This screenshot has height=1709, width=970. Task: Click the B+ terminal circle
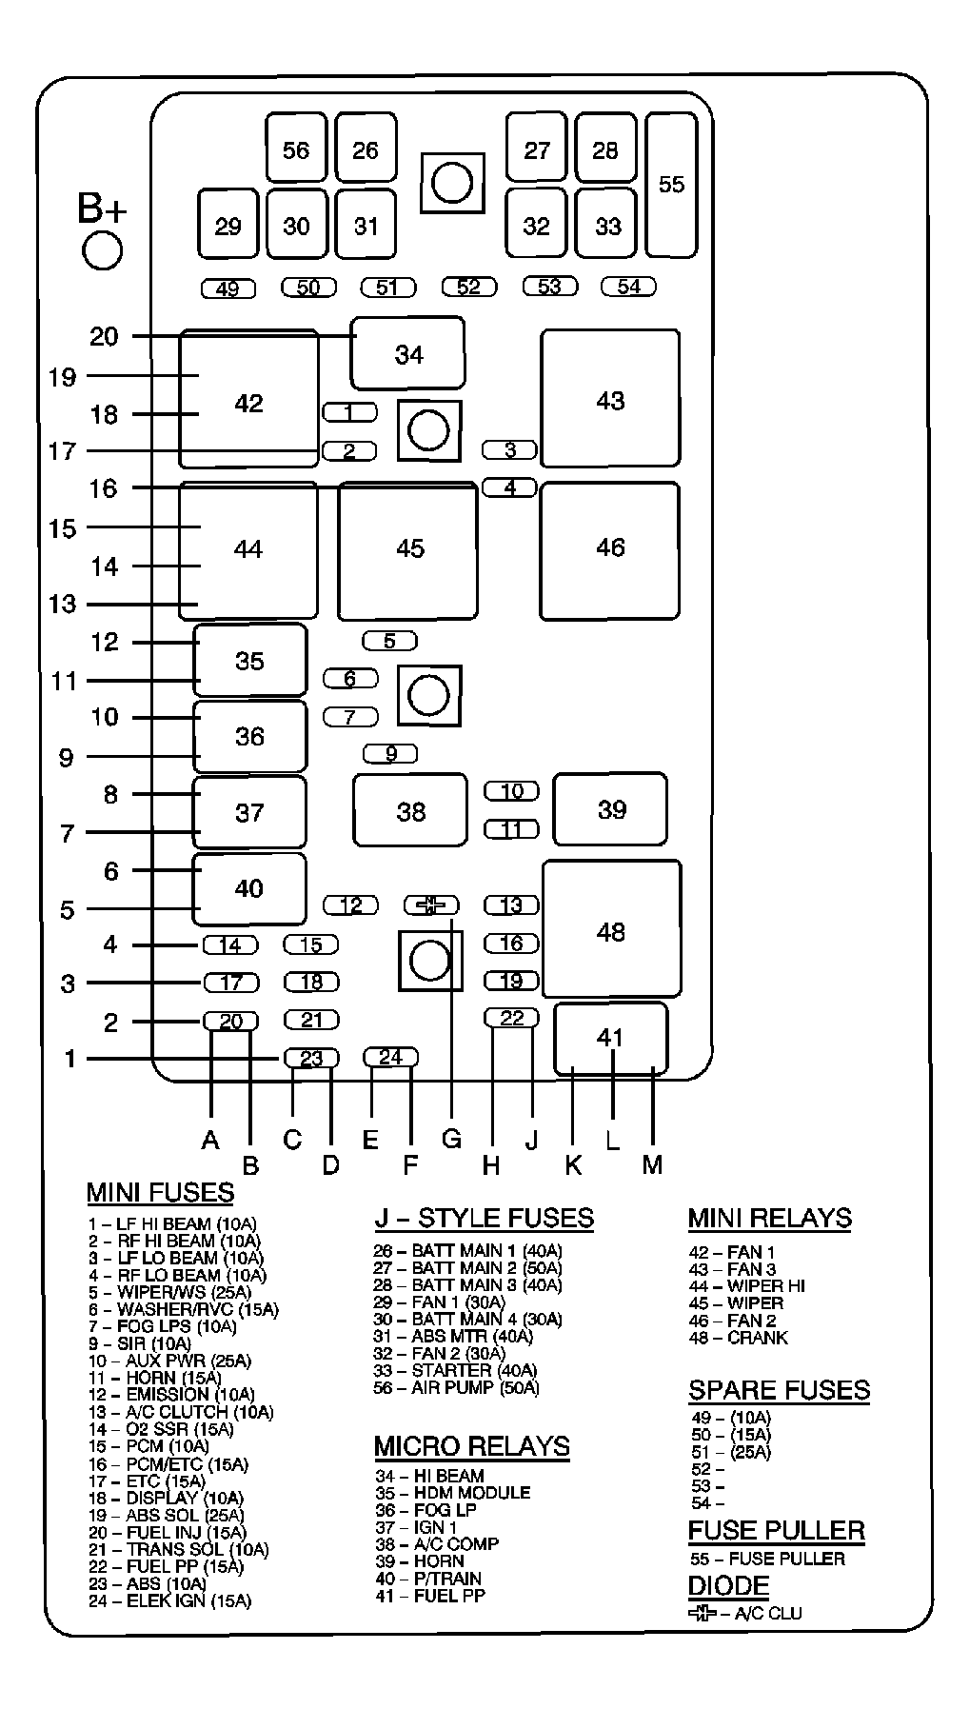102,250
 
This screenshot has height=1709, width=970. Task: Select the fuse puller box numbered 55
671,185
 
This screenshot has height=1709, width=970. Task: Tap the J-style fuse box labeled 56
296,149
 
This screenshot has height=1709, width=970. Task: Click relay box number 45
409,549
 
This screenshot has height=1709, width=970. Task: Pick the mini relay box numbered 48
611,929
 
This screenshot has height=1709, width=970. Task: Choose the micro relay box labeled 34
408,354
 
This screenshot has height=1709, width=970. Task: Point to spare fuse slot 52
468,287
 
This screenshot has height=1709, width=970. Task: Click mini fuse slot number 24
391,1057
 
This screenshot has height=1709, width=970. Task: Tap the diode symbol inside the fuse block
430,904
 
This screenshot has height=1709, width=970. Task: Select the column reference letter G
451,1139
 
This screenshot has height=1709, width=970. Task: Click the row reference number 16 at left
103,488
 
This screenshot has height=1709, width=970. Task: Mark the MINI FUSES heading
160,1192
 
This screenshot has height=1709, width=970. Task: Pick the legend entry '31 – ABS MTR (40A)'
452,1336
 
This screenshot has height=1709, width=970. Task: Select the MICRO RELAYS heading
471,1446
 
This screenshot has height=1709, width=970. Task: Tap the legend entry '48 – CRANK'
738,1338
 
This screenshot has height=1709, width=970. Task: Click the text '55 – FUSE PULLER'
767,1559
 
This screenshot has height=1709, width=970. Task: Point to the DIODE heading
728,1586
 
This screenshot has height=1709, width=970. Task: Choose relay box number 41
610,1037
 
